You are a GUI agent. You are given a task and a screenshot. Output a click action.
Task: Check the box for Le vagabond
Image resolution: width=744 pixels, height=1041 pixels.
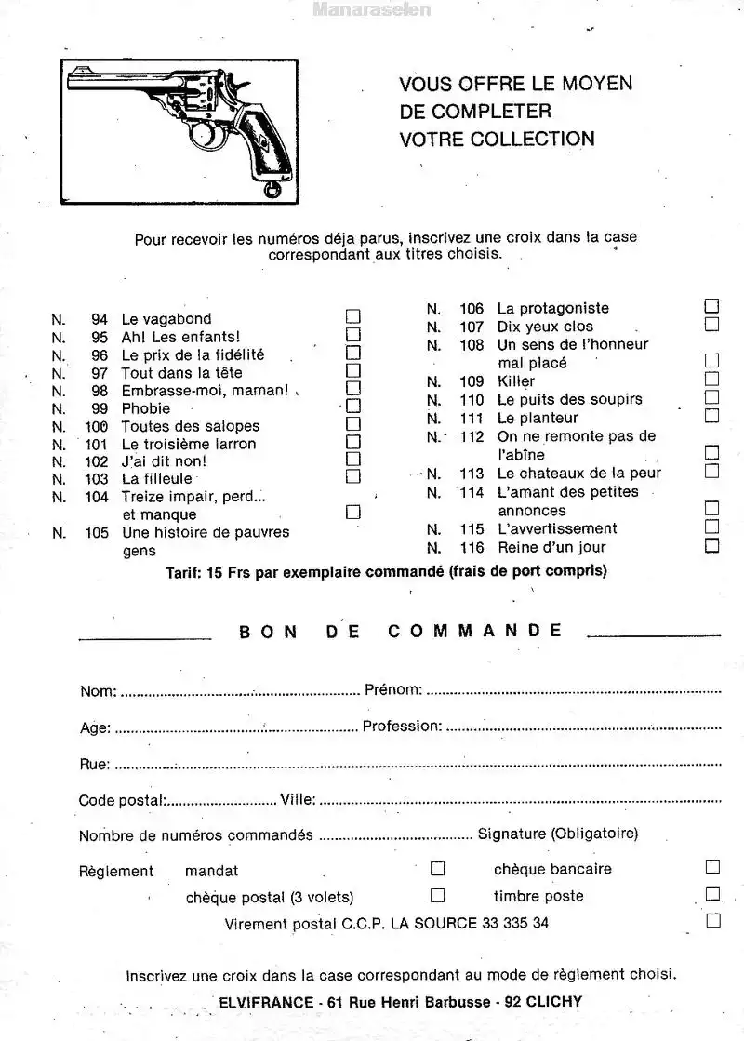(353, 317)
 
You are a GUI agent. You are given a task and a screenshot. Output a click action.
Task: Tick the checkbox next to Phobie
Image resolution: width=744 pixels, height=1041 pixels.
(353, 407)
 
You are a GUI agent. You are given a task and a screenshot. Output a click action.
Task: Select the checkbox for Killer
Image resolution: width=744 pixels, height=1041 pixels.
(711, 380)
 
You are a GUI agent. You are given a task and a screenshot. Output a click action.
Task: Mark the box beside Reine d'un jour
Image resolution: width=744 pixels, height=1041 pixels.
(711, 546)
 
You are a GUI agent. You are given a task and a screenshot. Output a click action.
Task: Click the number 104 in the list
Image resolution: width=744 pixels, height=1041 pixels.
(97, 497)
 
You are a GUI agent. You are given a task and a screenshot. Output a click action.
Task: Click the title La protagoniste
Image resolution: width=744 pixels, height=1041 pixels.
(553, 308)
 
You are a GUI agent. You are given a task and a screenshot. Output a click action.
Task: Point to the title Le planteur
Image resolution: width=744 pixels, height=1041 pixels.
(538, 418)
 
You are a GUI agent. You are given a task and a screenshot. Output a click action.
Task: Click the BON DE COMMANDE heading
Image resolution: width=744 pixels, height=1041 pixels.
(401, 630)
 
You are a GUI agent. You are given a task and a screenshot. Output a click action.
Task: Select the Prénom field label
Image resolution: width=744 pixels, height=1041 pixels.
(393, 690)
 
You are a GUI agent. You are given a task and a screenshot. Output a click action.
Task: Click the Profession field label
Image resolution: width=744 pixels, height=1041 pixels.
(400, 727)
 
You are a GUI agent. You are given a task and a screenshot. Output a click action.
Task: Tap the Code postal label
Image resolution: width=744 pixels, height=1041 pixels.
(122, 800)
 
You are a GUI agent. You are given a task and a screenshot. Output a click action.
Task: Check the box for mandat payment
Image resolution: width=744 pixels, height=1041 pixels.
(437, 869)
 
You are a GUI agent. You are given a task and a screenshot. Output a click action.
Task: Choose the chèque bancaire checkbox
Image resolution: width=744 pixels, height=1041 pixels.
(712, 868)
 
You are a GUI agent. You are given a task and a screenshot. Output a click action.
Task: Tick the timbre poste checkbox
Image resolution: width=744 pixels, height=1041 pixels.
(712, 894)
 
